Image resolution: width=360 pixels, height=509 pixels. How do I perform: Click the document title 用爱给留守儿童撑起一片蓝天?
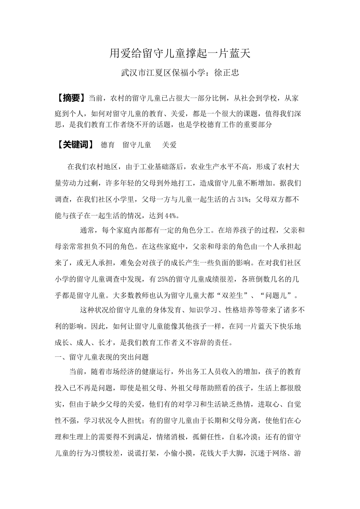180,54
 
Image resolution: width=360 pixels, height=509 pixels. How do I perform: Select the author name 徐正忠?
227,73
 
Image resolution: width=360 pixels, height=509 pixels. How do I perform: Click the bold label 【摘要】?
70,98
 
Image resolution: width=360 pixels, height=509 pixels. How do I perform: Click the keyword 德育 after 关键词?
108,145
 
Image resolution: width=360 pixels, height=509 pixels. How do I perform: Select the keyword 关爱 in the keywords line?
169,145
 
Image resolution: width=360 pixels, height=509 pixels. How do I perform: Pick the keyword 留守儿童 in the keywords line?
137,145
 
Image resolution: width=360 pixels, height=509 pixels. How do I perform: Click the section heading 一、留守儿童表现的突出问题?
102,357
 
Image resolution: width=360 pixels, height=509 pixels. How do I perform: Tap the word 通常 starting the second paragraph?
87,230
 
